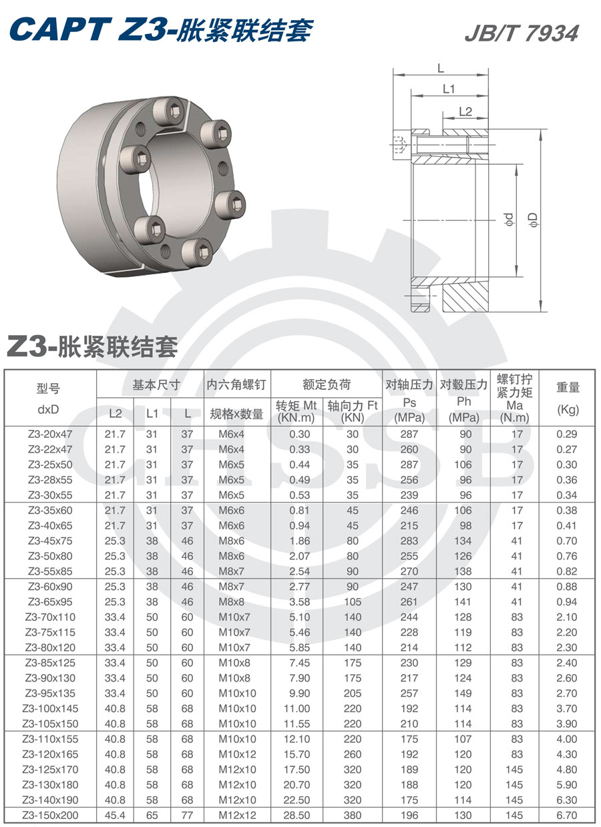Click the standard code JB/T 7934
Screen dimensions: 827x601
point(521,33)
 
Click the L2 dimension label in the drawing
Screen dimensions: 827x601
point(465,111)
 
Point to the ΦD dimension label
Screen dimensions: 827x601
point(532,220)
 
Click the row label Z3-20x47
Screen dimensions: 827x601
point(50,434)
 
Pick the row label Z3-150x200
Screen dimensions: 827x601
point(50,815)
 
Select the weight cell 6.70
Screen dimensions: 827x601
point(566,815)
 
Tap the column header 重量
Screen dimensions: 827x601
point(568,387)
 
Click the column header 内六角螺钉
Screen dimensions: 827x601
point(236,385)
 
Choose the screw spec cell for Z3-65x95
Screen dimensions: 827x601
point(236,602)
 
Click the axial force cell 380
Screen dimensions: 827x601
point(352,815)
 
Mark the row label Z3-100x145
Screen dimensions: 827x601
point(50,708)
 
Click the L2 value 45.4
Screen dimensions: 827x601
point(115,815)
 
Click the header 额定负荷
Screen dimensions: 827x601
point(326,385)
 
